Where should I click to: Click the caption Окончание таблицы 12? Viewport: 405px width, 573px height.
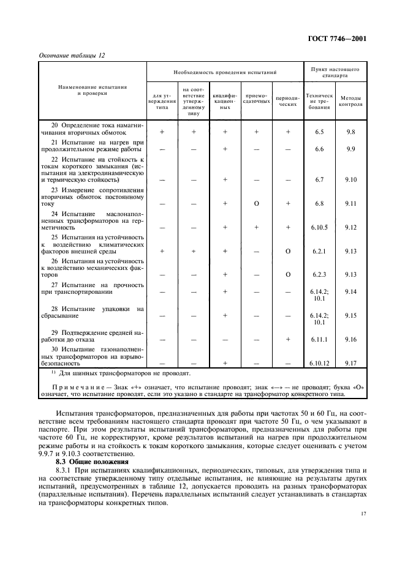point(72,55)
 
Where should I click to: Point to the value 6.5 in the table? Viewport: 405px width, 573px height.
point(319,132)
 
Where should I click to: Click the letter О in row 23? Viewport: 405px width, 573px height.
point(256,203)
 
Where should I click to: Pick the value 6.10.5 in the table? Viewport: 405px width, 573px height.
point(319,227)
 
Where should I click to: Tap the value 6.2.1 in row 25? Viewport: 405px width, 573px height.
point(319,251)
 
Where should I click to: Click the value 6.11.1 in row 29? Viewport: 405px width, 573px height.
point(319,339)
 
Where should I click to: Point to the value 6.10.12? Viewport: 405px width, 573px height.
point(319,362)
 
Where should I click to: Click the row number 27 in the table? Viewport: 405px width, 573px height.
point(55,284)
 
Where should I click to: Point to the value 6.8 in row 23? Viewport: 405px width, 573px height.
point(319,203)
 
